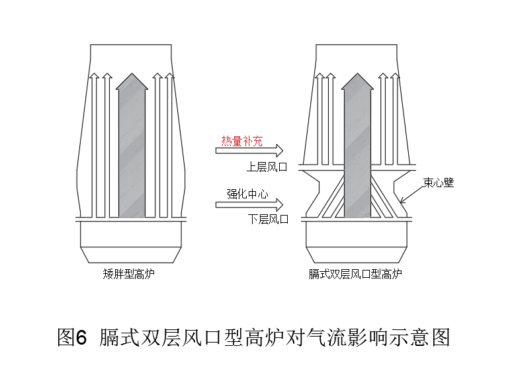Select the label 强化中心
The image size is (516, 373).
[246, 194]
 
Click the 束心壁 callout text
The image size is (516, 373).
[439, 183]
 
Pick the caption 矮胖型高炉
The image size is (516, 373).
[130, 273]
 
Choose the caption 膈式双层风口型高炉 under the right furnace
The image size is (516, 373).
[356, 273]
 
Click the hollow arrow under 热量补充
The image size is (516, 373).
[249, 151]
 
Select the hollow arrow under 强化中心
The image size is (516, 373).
[249, 204]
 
